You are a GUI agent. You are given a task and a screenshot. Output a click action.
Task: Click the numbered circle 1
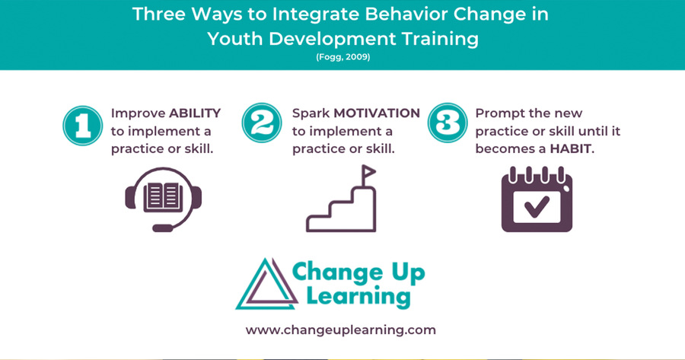tap(82, 126)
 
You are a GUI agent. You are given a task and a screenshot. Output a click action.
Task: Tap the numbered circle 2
tap(262, 123)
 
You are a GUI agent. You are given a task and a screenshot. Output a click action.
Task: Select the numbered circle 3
tap(448, 123)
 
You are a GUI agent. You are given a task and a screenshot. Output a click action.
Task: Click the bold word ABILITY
tap(195, 113)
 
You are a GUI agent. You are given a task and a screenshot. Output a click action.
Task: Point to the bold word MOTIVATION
tap(377, 113)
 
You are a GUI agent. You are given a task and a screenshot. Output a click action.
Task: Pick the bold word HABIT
tap(570, 149)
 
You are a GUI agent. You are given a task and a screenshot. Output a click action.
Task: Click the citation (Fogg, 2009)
tap(343, 57)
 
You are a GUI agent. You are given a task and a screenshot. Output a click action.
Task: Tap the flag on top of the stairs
tap(368, 172)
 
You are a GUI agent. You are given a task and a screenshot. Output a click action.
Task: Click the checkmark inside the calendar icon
tap(537, 207)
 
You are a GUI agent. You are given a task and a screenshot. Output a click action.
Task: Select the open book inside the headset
tap(164, 196)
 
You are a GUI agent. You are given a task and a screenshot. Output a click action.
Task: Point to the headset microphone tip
tap(162, 228)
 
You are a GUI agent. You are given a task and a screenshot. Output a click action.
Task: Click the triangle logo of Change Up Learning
tap(267, 284)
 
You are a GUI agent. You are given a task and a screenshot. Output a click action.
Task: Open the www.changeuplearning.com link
tap(341, 330)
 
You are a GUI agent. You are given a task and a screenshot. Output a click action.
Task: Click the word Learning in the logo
tap(358, 297)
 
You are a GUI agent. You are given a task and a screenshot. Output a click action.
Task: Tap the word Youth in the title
tap(234, 39)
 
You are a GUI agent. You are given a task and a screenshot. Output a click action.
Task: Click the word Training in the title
tap(441, 40)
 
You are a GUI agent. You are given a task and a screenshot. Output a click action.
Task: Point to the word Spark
tap(311, 113)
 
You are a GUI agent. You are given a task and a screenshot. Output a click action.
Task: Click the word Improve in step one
tap(138, 113)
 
